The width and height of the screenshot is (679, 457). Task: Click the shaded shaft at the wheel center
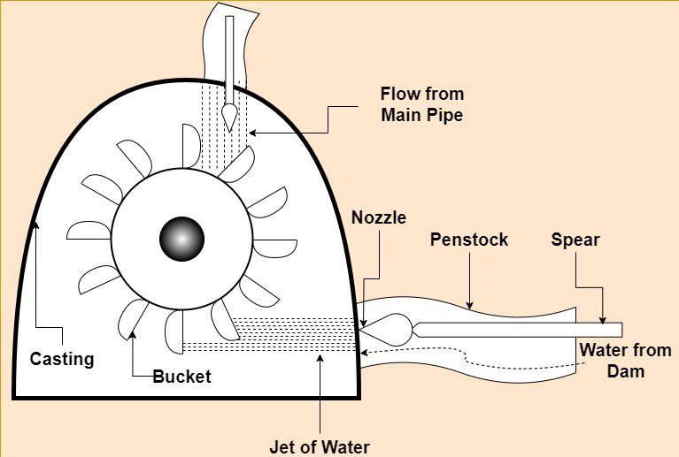pos(181,239)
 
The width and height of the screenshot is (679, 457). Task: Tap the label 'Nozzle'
pos(378,217)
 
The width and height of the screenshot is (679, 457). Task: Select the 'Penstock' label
pos(469,240)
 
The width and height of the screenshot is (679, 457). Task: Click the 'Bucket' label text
pos(182,377)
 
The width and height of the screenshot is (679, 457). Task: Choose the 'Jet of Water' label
pos(320,446)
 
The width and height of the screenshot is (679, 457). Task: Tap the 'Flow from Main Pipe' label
pos(421,104)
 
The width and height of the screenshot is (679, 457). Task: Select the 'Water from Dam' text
pos(624,361)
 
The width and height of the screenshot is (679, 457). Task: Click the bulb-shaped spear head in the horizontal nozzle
pos(390,330)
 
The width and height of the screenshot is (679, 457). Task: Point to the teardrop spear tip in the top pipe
pos(230,114)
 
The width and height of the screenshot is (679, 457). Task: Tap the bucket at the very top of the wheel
pos(191,146)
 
